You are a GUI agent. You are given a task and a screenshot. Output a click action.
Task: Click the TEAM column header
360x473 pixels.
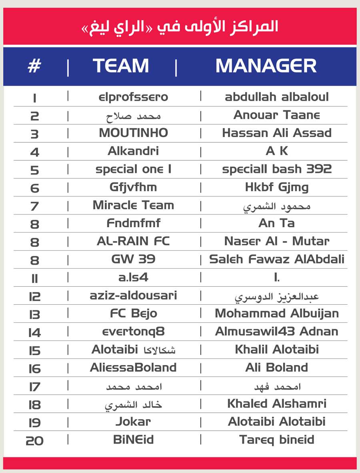click(121, 66)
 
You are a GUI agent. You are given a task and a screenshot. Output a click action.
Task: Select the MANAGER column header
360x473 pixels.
click(266, 66)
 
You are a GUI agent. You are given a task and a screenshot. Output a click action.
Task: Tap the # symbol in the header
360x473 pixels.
click(34, 66)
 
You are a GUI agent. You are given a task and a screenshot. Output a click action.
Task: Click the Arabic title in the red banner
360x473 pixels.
click(180, 27)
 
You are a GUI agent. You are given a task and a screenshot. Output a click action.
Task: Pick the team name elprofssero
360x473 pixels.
click(133, 97)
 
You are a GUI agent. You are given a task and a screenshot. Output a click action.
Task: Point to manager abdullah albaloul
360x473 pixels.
click(277, 97)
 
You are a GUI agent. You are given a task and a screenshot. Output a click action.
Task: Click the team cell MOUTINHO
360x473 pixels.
click(133, 133)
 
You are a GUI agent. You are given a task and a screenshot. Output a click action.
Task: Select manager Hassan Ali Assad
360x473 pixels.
click(277, 133)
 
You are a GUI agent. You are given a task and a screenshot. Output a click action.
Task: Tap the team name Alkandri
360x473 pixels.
click(133, 151)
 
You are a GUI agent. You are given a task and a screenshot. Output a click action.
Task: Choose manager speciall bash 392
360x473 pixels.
click(277, 169)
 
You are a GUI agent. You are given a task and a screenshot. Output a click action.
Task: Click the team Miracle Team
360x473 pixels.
click(133, 205)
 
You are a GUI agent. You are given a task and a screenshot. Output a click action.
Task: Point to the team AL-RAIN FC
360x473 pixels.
click(133, 241)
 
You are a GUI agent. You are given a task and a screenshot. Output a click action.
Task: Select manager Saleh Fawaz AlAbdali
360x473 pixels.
click(277, 259)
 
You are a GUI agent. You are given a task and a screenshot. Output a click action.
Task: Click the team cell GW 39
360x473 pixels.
click(133, 259)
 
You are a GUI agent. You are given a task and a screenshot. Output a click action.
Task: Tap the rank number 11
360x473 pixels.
click(34, 278)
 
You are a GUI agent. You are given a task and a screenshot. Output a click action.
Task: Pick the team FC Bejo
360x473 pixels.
click(133, 313)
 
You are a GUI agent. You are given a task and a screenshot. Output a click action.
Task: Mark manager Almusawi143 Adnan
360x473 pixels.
click(277, 331)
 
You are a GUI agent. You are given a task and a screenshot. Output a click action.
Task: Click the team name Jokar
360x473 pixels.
click(133, 421)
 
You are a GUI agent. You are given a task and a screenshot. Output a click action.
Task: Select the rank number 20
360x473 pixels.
click(34, 441)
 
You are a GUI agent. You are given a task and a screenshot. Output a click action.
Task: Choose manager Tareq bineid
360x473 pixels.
click(277, 440)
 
